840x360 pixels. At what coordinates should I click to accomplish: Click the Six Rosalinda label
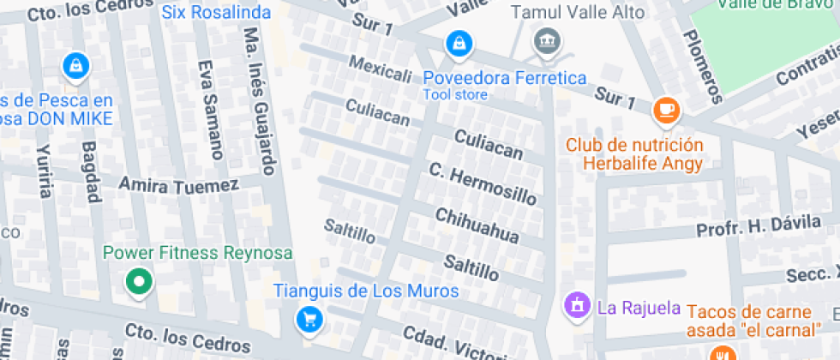(x=216, y=13)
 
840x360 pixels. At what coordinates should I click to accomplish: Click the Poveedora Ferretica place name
(x=505, y=78)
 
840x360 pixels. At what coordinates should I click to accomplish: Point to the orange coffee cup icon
(x=666, y=109)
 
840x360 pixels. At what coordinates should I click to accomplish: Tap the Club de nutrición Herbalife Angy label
(x=634, y=153)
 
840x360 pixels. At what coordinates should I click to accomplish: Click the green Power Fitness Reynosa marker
(x=138, y=280)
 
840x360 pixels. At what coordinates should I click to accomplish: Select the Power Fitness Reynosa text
(x=198, y=253)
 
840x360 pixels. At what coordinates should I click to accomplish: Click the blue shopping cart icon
(x=309, y=320)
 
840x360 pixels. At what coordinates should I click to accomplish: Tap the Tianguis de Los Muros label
(x=366, y=291)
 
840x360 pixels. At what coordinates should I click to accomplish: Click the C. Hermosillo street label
(x=483, y=183)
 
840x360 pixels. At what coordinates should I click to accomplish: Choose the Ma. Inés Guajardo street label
(x=260, y=100)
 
